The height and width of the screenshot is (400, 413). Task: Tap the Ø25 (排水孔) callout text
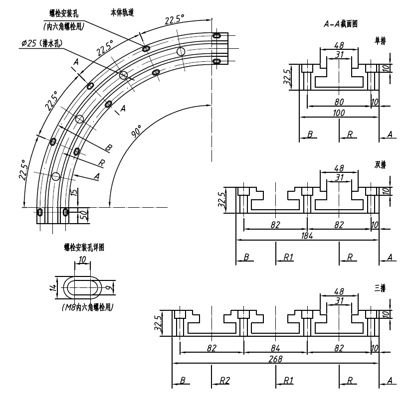pos(42,43)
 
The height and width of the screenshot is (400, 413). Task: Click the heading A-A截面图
pos(341,23)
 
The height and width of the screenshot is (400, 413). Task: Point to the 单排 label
pos(380,39)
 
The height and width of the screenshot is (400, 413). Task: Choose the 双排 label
pos(380,164)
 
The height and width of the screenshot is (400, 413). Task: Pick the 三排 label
pos(380,288)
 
